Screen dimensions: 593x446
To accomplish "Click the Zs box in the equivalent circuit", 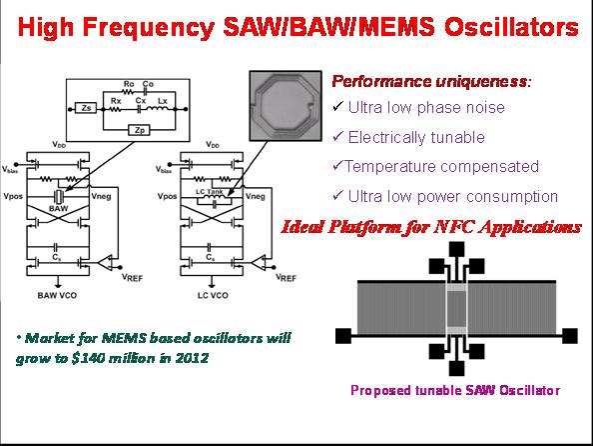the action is coord(86,108).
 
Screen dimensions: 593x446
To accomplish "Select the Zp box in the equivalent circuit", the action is coord(139,130).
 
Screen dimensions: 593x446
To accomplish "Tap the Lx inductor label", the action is coord(163,101).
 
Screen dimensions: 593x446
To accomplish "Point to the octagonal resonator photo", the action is coord(286,106).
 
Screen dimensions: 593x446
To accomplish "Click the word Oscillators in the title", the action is coord(511,27).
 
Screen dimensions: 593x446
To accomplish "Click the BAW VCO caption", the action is coord(57,295).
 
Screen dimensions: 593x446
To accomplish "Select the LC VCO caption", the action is coord(213,295).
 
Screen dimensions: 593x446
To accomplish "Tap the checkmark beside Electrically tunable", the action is coord(337,136).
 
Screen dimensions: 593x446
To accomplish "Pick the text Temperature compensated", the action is coord(441,166).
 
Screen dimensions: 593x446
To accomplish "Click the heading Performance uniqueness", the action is coord(431,81).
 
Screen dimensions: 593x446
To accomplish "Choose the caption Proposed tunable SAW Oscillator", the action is coord(455,390).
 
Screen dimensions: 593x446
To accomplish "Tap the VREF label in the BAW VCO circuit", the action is coord(132,277).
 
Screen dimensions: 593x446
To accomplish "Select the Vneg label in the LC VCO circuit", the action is coord(256,196).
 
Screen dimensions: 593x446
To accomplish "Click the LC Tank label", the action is coord(209,192).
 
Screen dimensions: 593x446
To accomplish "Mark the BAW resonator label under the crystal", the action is coord(58,208).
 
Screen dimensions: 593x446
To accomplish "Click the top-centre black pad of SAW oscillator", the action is coord(456,249).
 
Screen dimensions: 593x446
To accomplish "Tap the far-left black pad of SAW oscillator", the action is coord(343,336).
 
